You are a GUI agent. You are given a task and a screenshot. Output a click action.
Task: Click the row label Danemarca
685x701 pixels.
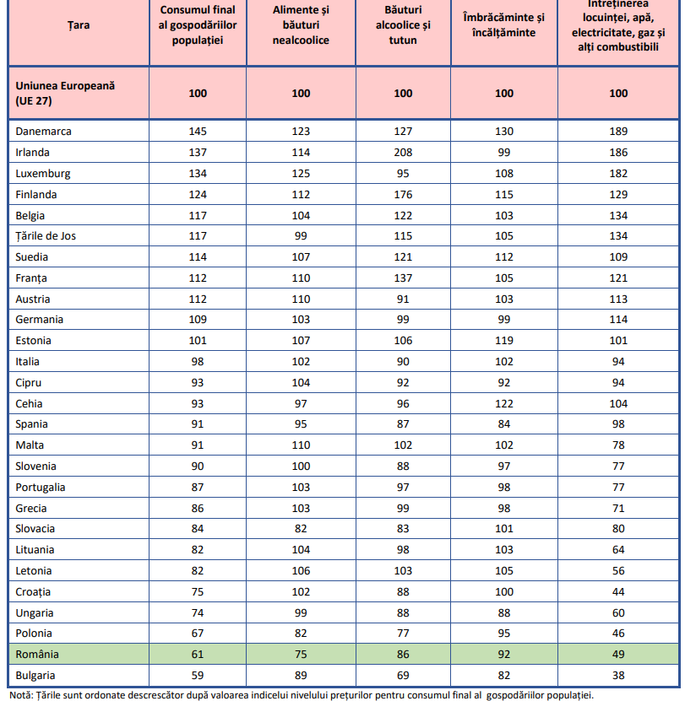point(43,132)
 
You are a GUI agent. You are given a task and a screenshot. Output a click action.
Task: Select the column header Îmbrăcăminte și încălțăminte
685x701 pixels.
point(504,25)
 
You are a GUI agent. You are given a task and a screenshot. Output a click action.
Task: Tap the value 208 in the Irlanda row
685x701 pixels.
point(403,153)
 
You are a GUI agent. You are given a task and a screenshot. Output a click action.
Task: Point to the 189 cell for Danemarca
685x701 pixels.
point(618,132)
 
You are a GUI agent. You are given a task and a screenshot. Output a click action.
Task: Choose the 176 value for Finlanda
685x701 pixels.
point(403,194)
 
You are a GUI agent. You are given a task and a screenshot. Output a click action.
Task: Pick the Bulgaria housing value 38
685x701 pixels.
point(618,676)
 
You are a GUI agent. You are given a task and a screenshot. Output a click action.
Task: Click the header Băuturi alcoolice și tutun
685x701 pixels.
point(403,25)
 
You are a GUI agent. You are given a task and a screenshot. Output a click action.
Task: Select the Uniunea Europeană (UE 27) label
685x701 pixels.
point(64,94)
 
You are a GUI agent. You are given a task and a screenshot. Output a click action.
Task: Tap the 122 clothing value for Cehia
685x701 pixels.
point(504,403)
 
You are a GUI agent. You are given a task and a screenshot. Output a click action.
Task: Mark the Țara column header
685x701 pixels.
point(79,25)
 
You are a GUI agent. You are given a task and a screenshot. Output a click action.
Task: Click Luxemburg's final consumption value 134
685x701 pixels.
point(198,174)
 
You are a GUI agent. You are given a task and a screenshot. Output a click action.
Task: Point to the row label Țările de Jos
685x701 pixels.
point(46,236)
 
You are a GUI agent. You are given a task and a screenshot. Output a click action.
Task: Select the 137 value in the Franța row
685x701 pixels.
point(403,278)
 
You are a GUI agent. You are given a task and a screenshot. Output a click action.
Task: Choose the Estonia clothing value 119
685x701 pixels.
point(504,341)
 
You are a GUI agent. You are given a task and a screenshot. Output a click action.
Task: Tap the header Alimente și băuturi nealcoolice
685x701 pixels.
point(301,25)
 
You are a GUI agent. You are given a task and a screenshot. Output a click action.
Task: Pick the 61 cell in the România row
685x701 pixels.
point(198,655)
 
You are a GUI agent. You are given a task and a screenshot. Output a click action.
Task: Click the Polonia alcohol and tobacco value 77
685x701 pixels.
point(403,634)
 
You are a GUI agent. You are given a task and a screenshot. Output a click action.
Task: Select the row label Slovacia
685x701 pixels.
point(35,529)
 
